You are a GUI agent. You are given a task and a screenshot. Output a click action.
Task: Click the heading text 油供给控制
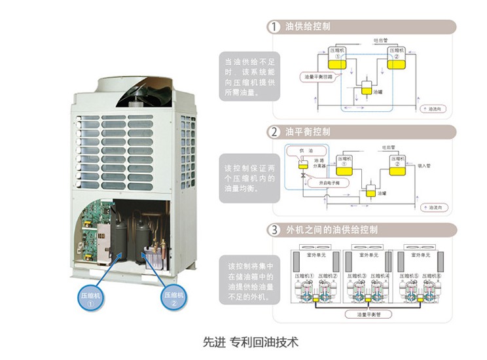[x=308, y=27]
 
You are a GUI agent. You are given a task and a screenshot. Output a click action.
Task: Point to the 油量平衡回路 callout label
[x=318, y=77]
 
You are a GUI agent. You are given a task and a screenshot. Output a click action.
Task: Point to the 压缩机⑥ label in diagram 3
[x=433, y=276]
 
